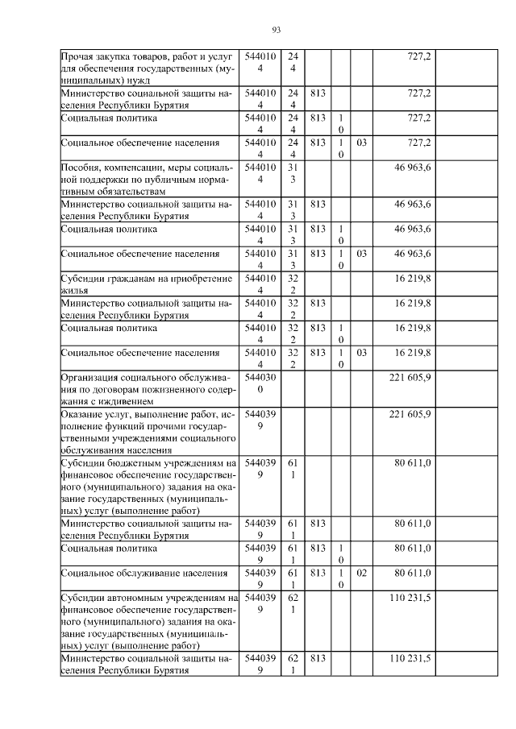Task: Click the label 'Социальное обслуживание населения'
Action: click(x=132, y=573)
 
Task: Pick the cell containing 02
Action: click(x=362, y=573)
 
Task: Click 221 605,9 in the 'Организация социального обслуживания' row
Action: click(x=410, y=377)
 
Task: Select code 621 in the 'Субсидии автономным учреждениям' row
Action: click(x=293, y=604)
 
